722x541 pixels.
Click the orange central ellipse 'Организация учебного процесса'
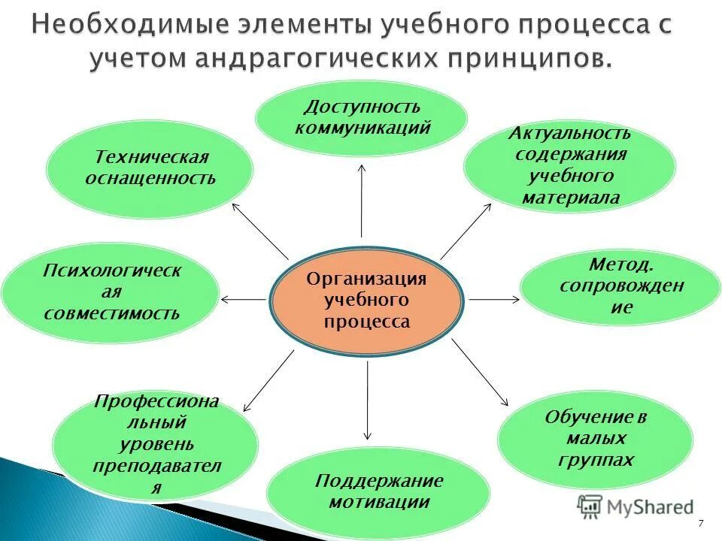point(366,301)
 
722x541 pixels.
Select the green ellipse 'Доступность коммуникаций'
point(362,118)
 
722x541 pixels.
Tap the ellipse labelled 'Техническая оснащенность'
point(150,169)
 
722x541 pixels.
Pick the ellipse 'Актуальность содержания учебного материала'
point(569,166)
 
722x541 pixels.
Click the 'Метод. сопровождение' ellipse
point(620,287)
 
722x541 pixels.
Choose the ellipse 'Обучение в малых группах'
point(595,439)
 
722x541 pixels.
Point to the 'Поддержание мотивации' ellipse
point(378,492)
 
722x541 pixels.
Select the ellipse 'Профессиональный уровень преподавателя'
point(156,444)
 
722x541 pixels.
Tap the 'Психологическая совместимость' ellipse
point(111,292)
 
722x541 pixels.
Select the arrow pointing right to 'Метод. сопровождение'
point(493,299)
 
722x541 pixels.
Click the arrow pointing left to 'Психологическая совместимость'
point(244,300)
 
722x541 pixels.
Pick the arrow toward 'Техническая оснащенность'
point(259,230)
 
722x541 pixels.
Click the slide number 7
point(701,523)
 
